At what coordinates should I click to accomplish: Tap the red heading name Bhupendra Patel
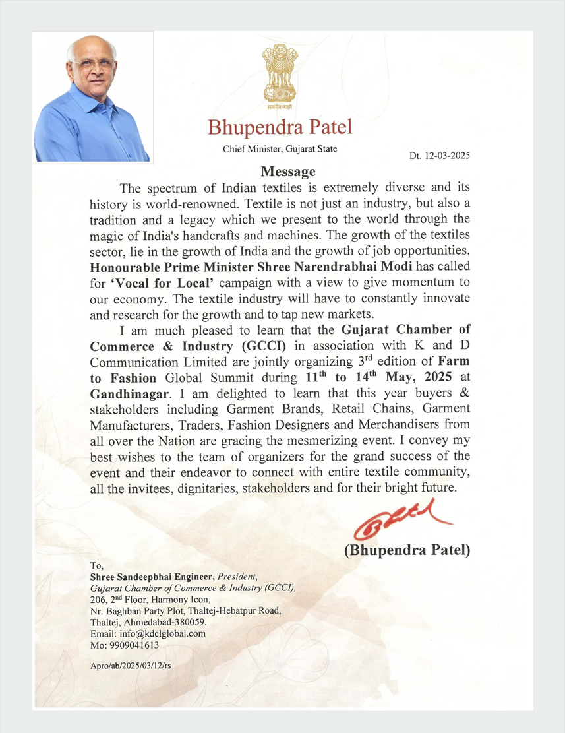click(280, 126)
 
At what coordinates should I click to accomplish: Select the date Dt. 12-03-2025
click(440, 156)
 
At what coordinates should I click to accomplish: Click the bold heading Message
click(288, 172)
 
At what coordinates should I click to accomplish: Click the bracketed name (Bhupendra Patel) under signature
click(407, 550)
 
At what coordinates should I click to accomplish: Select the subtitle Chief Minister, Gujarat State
click(280, 149)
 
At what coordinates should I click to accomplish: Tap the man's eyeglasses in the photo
click(92, 66)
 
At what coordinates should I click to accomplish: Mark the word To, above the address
click(97, 565)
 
